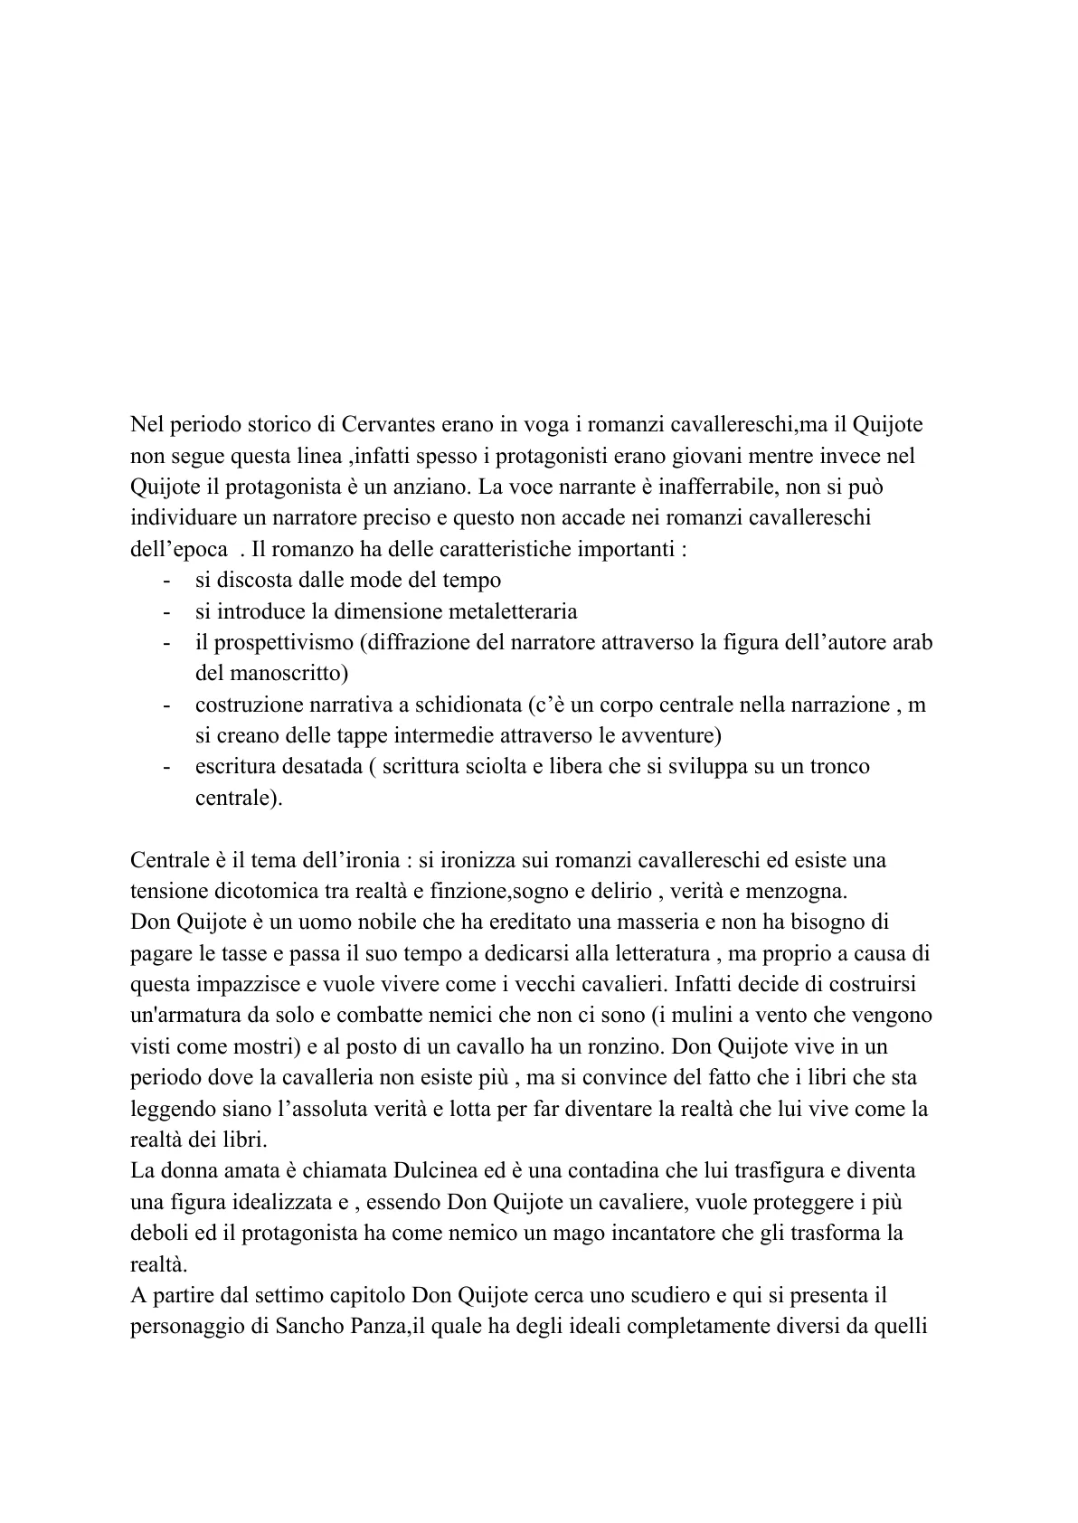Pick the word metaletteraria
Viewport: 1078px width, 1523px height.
[x=502, y=611]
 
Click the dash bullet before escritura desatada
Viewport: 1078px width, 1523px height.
[x=167, y=768]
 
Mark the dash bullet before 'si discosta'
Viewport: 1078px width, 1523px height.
[x=167, y=581]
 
